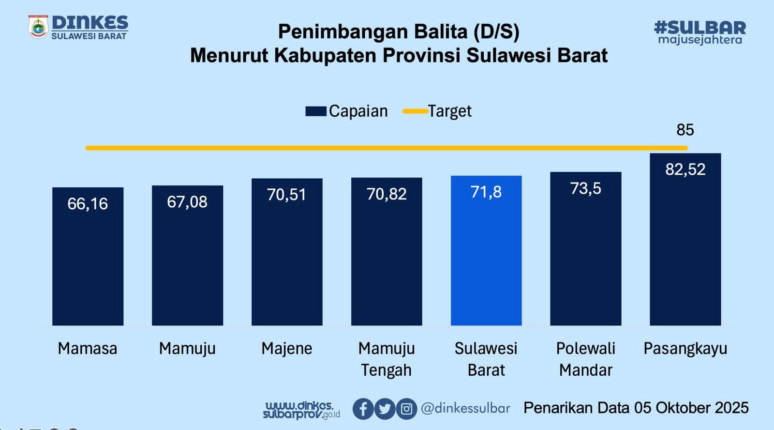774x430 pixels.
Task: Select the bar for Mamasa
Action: pyautogui.click(x=88, y=256)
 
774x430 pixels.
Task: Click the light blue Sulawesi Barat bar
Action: pyautogui.click(x=486, y=250)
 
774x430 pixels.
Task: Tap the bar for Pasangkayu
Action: pyautogui.click(x=685, y=239)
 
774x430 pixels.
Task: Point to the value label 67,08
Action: pyautogui.click(x=187, y=202)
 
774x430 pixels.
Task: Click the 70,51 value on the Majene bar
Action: pyautogui.click(x=287, y=195)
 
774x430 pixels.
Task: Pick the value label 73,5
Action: pyautogui.click(x=586, y=188)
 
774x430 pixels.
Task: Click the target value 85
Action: pyautogui.click(x=685, y=130)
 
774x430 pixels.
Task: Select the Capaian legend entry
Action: pyautogui.click(x=346, y=111)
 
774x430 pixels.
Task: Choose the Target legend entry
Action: pyautogui.click(x=437, y=111)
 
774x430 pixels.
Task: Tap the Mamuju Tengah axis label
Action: pyautogui.click(x=387, y=359)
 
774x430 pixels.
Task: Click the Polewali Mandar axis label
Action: pyautogui.click(x=586, y=359)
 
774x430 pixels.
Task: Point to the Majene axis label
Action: pyautogui.click(x=287, y=349)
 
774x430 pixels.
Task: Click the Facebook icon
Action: pyautogui.click(x=363, y=409)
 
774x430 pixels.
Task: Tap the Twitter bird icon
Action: pyautogui.click(x=385, y=409)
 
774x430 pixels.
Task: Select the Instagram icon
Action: pyautogui.click(x=406, y=409)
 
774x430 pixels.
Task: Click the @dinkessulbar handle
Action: pyautogui.click(x=465, y=409)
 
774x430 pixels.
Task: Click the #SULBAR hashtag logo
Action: pyautogui.click(x=700, y=32)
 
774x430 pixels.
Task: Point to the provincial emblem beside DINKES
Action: pyautogui.click(x=38, y=26)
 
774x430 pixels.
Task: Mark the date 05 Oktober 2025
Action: pyautogui.click(x=691, y=408)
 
